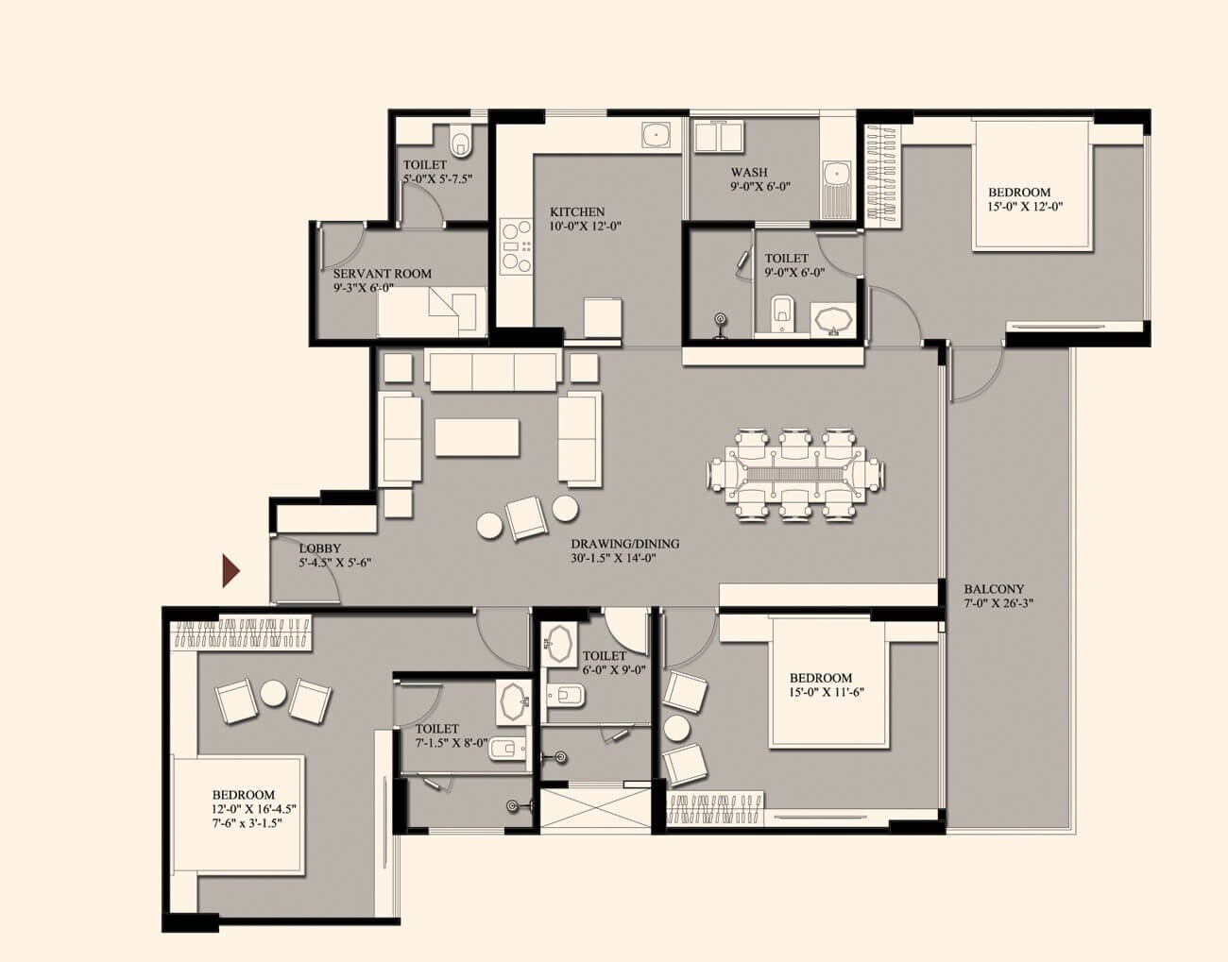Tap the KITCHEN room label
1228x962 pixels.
[x=577, y=212]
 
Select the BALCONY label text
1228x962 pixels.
[x=994, y=589]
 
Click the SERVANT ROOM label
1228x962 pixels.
[x=382, y=274]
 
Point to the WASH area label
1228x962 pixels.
[x=748, y=173]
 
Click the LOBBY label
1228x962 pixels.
[x=319, y=549]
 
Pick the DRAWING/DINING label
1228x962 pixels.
[x=624, y=545]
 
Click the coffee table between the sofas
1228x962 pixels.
[x=477, y=437]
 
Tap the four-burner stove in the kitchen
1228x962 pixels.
[x=515, y=245]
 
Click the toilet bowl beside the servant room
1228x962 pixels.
[x=461, y=143]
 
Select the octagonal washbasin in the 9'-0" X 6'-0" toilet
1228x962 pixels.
[x=831, y=320]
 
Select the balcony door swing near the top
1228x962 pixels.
[x=973, y=375]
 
